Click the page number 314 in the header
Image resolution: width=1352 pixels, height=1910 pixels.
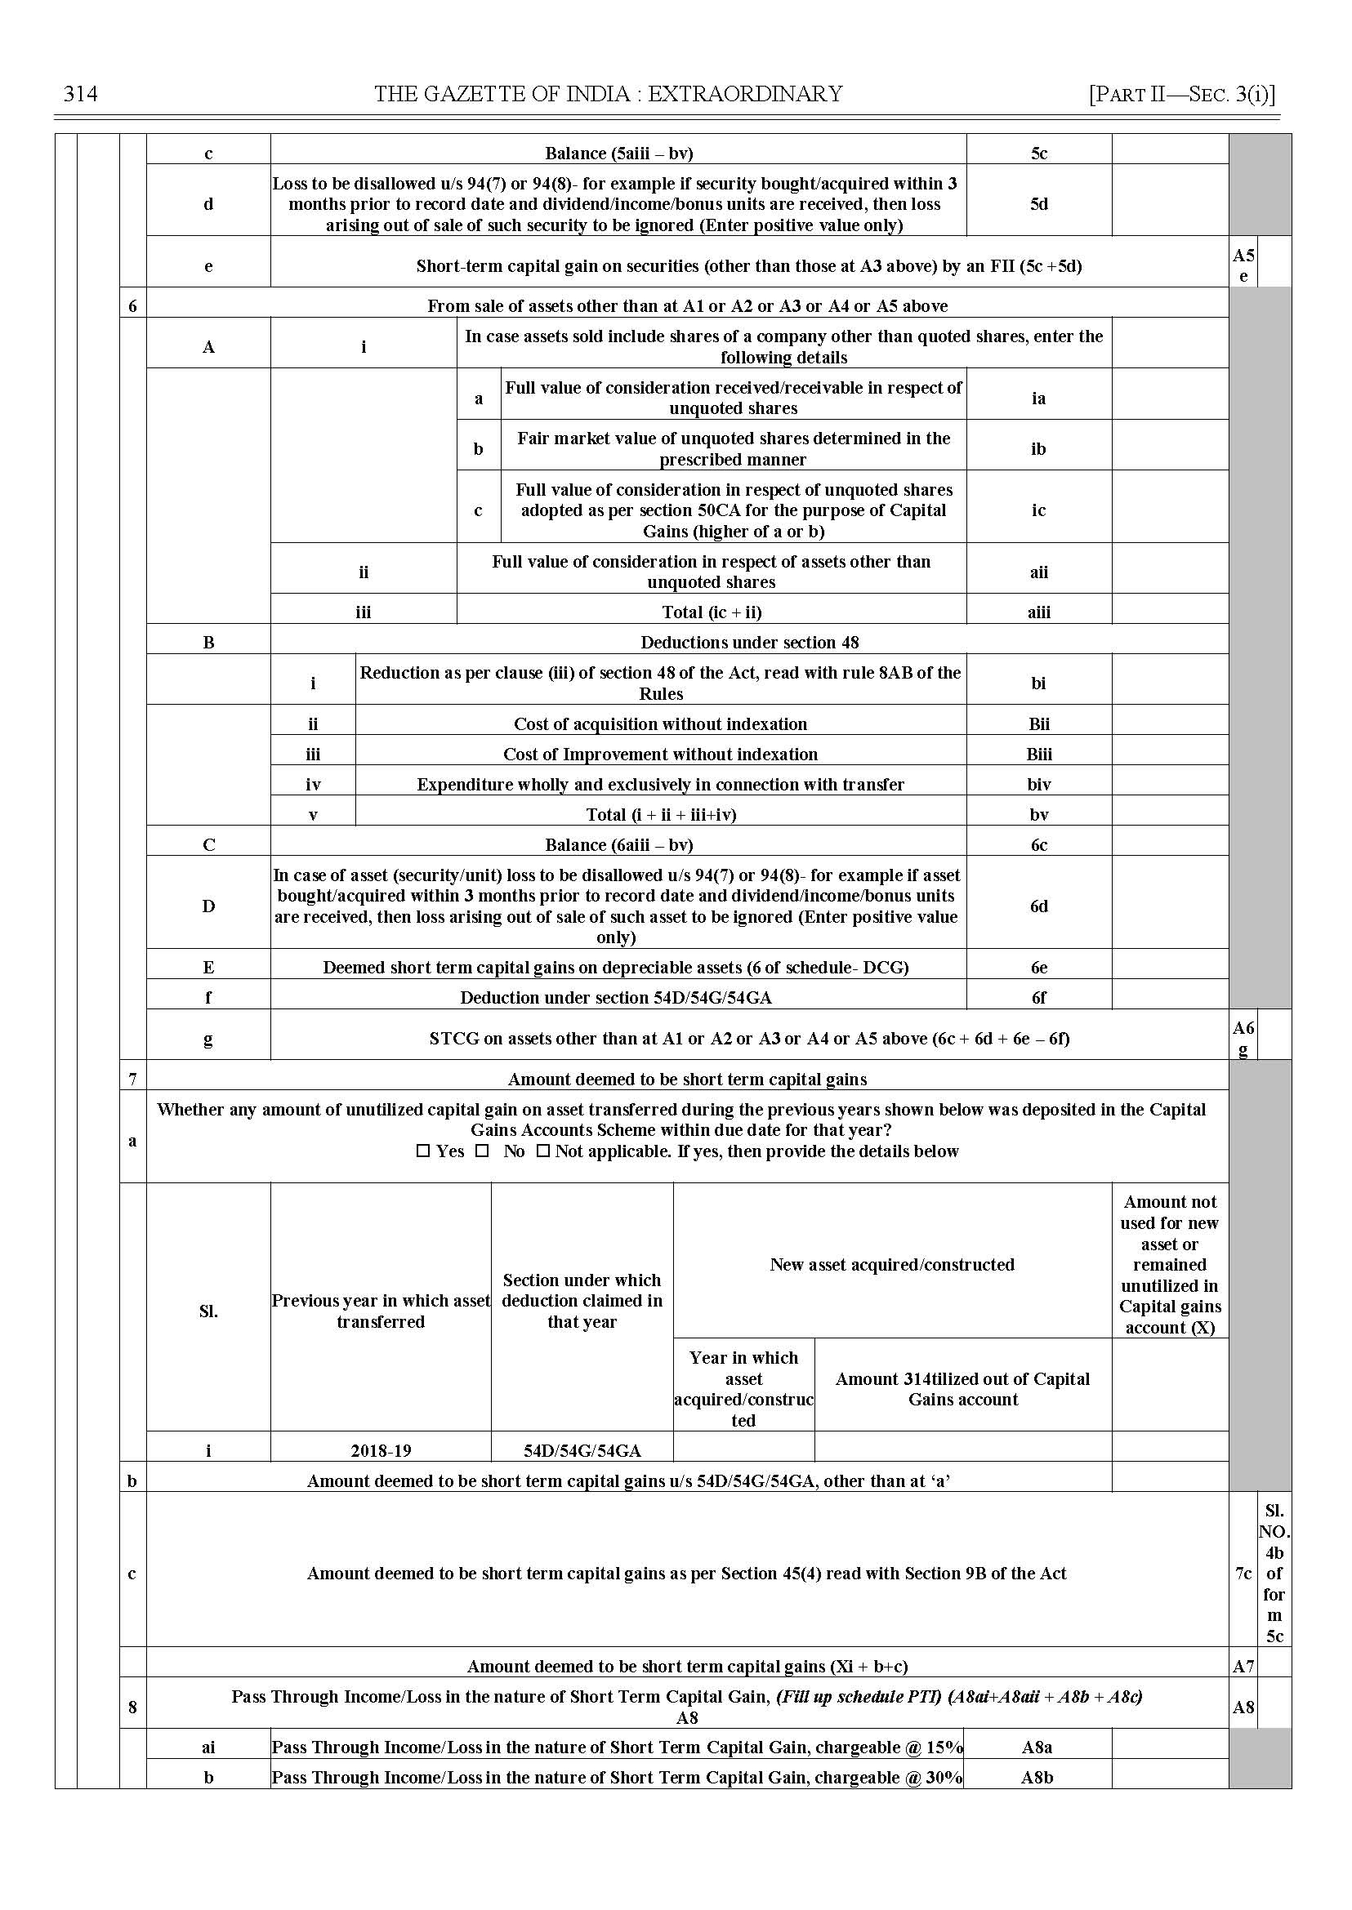coord(81,94)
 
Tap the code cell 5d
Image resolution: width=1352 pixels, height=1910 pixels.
coord(1038,204)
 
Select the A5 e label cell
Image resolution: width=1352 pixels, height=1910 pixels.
coord(1243,265)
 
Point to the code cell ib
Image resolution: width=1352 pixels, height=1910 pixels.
coord(1038,448)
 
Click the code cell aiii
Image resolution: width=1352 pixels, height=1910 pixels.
coord(1038,612)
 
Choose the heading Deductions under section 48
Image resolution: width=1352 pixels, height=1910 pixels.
coord(749,643)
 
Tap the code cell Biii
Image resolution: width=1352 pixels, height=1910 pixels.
coord(1038,755)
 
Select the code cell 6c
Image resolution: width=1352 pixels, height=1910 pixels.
coord(1038,844)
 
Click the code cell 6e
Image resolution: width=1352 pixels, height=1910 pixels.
coord(1038,967)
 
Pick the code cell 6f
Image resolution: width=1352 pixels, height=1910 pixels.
coord(1038,998)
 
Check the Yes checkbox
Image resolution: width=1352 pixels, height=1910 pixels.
coord(423,1152)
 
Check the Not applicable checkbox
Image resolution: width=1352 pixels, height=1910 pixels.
coord(542,1152)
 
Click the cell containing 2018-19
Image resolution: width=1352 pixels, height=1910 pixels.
coord(381,1450)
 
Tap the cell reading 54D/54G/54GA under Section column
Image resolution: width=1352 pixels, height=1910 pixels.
coord(582,1450)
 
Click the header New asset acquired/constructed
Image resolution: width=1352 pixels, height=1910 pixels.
coord(891,1264)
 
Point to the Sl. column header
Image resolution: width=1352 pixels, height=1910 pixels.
coord(208,1311)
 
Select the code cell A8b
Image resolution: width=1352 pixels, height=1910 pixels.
coord(1037,1777)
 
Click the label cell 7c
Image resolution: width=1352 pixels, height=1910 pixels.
coord(1243,1573)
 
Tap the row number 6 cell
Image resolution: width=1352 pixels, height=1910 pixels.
coord(132,306)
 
